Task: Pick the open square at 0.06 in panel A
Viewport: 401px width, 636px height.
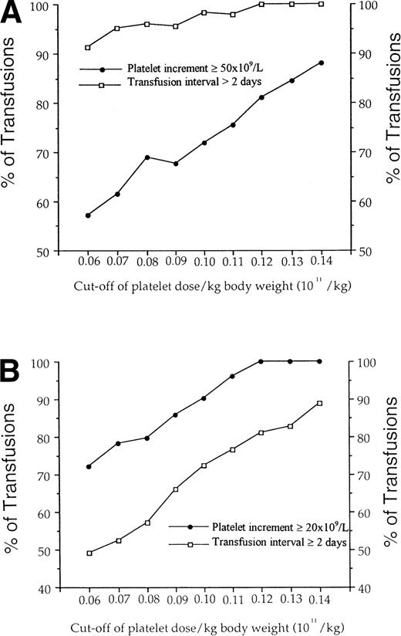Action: click(x=88, y=47)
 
